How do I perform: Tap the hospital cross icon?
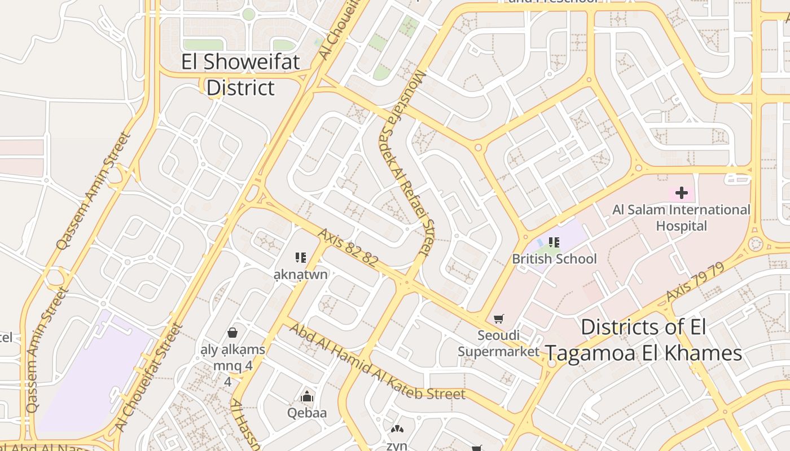click(681, 193)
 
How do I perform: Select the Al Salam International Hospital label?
click(681, 218)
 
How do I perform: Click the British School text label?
click(554, 259)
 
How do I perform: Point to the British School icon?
click(554, 242)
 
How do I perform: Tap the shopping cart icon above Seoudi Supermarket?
click(498, 319)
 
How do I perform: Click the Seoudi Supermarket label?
click(498, 343)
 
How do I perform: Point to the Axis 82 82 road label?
click(348, 247)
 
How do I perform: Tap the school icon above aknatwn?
click(300, 258)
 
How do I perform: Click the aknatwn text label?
click(300, 275)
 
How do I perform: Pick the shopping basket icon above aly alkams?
click(232, 333)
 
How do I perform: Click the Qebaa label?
click(307, 413)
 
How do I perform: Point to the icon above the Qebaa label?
click(307, 397)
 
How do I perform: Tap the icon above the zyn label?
click(397, 430)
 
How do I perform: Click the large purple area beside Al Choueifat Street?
click(90, 372)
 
